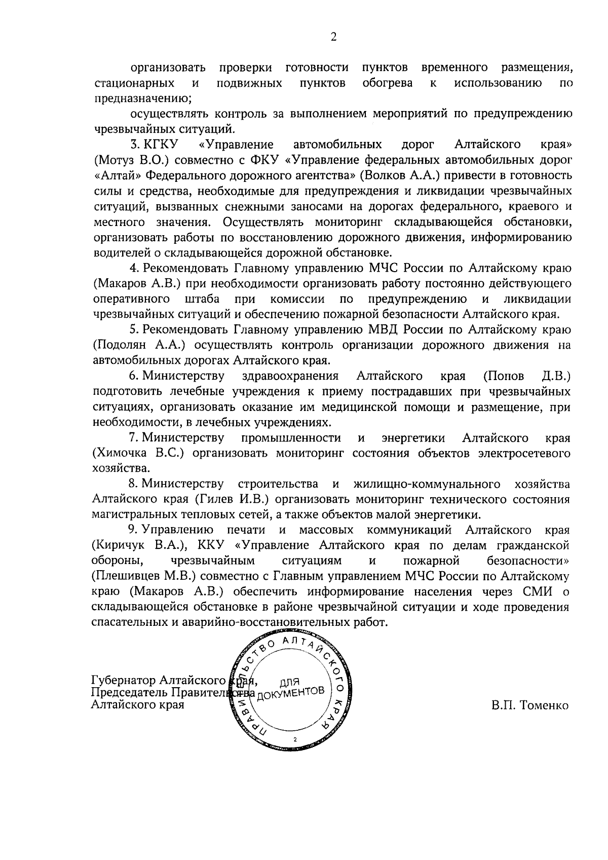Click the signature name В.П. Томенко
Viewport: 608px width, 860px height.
(x=530, y=705)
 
